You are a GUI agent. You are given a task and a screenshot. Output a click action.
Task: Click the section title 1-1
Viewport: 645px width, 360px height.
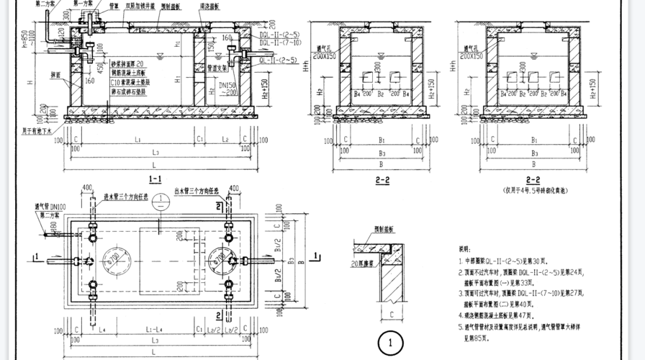(154, 178)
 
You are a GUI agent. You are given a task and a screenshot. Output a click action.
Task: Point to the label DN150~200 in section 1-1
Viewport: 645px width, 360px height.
(229, 89)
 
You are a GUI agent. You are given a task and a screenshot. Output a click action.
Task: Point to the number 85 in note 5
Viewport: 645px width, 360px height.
(487, 337)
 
